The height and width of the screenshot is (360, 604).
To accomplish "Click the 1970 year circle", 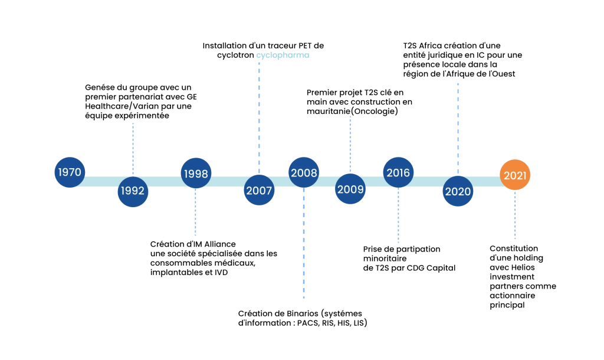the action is (70, 172).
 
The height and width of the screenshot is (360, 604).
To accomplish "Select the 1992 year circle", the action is (133, 192).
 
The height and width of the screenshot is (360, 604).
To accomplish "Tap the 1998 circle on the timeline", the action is (196, 173).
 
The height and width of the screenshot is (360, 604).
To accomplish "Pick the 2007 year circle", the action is (260, 190).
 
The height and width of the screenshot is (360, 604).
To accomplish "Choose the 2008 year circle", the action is (304, 172).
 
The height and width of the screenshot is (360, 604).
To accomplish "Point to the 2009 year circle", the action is (350, 189).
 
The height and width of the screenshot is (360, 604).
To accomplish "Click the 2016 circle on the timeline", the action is (398, 172).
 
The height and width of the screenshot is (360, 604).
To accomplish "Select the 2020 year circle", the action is (458, 191).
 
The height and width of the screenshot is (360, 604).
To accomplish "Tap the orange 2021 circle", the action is (515, 175).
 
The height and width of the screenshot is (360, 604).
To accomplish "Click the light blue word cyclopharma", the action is (283, 55).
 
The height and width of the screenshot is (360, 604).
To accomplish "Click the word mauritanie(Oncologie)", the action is (353, 112).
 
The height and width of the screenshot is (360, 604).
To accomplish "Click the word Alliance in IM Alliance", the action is (220, 244).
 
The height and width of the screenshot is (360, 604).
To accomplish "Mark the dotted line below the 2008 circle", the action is (304, 243).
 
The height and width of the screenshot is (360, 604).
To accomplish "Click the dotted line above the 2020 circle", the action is (458, 128).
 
